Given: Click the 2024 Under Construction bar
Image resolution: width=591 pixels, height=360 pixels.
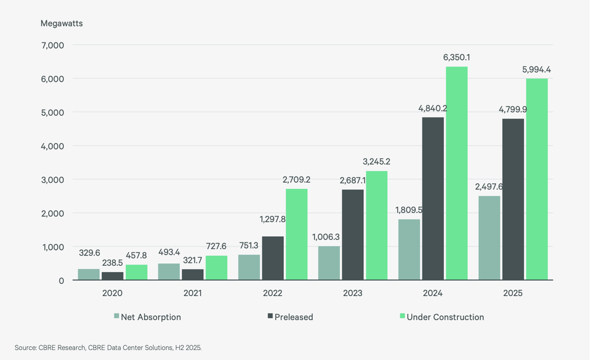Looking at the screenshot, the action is pyautogui.click(x=457, y=173).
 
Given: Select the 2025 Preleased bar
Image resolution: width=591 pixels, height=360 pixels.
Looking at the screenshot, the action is pyautogui.click(x=513, y=199).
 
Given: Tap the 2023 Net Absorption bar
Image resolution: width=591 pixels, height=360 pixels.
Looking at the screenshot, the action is pyautogui.click(x=329, y=263).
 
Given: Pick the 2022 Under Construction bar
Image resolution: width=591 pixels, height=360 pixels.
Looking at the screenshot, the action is pyautogui.click(x=297, y=234).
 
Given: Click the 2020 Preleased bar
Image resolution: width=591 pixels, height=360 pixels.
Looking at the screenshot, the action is pyautogui.click(x=112, y=276).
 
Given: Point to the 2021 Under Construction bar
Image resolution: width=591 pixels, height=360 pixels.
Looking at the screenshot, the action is pyautogui.click(x=216, y=268).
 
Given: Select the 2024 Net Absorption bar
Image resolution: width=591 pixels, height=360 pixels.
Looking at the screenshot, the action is pyautogui.click(x=409, y=249).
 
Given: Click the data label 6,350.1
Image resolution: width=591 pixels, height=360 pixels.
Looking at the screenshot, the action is pyautogui.click(x=456, y=57).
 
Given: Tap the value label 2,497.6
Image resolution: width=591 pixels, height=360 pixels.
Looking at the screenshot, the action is pyautogui.click(x=489, y=187).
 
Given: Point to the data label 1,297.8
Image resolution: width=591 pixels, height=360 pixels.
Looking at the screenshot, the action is pyautogui.click(x=273, y=219).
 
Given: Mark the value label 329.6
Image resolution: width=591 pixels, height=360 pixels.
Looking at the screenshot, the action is pyautogui.click(x=89, y=253).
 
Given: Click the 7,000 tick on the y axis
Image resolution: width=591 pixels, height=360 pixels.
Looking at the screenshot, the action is pyautogui.click(x=53, y=45).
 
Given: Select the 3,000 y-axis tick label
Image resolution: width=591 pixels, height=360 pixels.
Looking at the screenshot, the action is pyautogui.click(x=53, y=180).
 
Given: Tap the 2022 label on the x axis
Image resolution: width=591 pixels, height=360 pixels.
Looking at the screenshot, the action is pyautogui.click(x=273, y=293).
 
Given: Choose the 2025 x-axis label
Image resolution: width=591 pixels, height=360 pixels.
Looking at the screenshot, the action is pyautogui.click(x=513, y=293).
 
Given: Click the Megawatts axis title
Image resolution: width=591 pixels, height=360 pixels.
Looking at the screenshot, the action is pyautogui.click(x=62, y=23).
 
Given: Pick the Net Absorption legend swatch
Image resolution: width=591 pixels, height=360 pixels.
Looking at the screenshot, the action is pyautogui.click(x=116, y=316).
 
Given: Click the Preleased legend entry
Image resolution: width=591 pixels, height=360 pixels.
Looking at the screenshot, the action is pyautogui.click(x=290, y=317).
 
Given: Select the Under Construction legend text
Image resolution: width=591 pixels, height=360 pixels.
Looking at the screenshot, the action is pyautogui.click(x=445, y=317).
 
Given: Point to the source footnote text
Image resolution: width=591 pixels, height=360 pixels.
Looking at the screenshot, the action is pyautogui.click(x=108, y=348).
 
